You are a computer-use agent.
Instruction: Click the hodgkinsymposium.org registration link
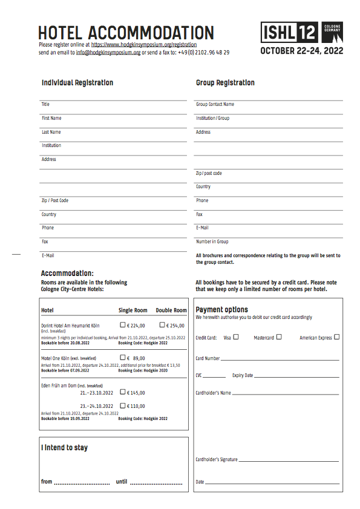click(144, 45)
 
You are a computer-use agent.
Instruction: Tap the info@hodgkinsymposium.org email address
click(108, 53)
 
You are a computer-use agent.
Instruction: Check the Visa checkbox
click(236, 337)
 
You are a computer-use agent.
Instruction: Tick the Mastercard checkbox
click(279, 337)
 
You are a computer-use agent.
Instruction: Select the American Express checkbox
click(336, 337)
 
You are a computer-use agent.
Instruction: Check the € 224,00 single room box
click(123, 324)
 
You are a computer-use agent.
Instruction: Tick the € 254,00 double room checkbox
click(162, 324)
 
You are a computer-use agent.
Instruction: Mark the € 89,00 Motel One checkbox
click(123, 358)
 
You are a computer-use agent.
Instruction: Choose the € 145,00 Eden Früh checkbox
click(123, 392)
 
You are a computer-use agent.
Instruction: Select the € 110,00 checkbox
click(123, 406)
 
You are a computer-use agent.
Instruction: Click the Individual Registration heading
click(77, 83)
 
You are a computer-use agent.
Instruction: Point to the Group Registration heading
click(225, 83)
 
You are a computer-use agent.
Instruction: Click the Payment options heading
click(221, 310)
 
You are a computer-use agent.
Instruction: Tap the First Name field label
click(51, 119)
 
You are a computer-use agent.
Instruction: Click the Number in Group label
click(212, 241)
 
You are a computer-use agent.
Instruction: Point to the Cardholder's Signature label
click(217, 460)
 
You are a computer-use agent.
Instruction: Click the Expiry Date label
click(243, 376)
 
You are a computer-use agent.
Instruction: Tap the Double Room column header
click(171, 310)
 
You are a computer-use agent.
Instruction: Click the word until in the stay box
click(122, 482)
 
